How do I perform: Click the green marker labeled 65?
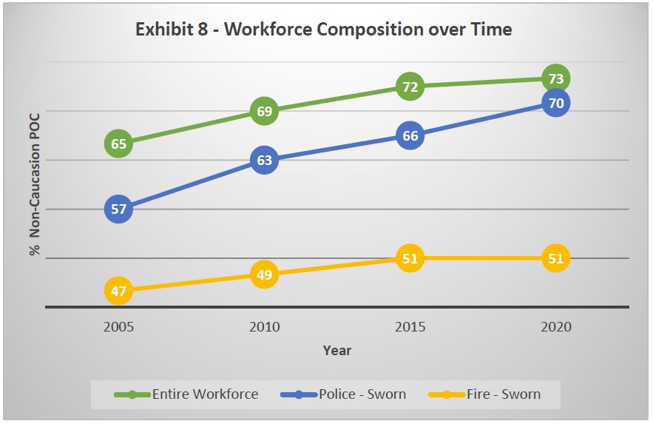[119, 144]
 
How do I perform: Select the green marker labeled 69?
[264, 112]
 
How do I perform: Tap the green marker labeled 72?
[409, 87]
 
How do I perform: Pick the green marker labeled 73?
[555, 78]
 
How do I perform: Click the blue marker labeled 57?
[119, 209]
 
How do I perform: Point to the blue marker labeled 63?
[264, 160]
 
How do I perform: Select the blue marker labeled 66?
[409, 135]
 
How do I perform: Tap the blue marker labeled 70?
[555, 103]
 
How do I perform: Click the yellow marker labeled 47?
[119, 291]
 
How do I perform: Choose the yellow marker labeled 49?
[264, 275]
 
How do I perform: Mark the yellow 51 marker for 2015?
[409, 258]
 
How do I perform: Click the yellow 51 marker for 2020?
[555, 258]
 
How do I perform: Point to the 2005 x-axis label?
[119, 326]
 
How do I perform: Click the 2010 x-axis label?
[264, 326]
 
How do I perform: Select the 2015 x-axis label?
[409, 326]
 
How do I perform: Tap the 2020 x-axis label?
[555, 326]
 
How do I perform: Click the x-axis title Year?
[337, 351]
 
